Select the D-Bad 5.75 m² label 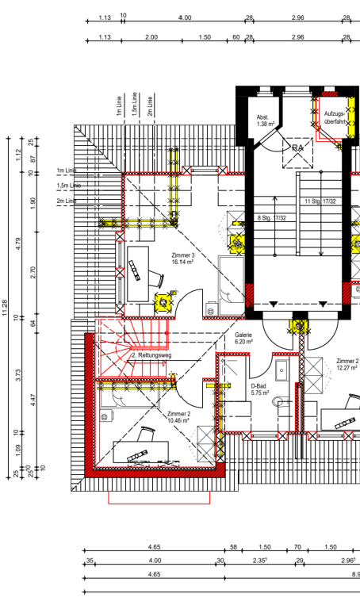260,389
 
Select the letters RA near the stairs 298,148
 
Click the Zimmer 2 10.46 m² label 178,418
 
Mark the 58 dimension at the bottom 233,547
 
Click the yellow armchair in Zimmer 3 162,302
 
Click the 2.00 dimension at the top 151,37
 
